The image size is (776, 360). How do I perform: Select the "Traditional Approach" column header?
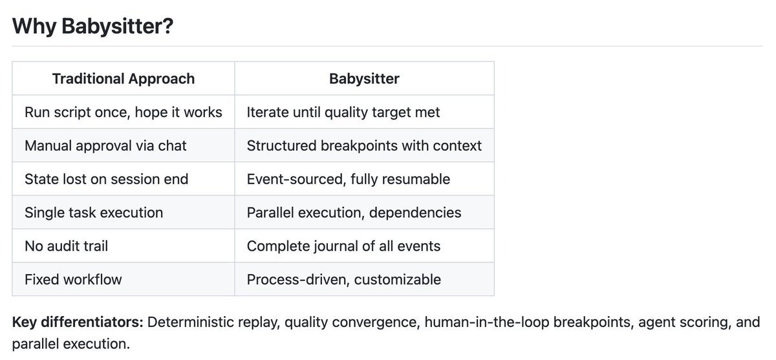click(x=123, y=79)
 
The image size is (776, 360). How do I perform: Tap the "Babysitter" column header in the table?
click(x=364, y=79)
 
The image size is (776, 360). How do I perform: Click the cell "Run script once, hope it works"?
click(x=123, y=112)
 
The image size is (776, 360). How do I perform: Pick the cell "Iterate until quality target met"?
click(x=343, y=112)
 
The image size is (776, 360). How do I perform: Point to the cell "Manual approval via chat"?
click(x=105, y=146)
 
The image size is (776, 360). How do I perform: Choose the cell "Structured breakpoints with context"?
click(x=364, y=146)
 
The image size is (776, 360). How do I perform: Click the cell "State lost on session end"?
click(x=106, y=179)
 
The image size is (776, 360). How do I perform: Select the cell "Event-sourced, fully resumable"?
click(x=348, y=179)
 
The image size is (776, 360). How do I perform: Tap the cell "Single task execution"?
click(x=94, y=213)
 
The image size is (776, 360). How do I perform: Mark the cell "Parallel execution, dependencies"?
click(x=354, y=213)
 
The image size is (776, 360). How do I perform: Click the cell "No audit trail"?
click(x=65, y=246)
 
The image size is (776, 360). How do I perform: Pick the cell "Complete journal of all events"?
click(x=343, y=246)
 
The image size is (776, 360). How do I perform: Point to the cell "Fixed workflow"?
click(x=73, y=280)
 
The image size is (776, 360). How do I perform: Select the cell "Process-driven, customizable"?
click(x=343, y=280)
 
